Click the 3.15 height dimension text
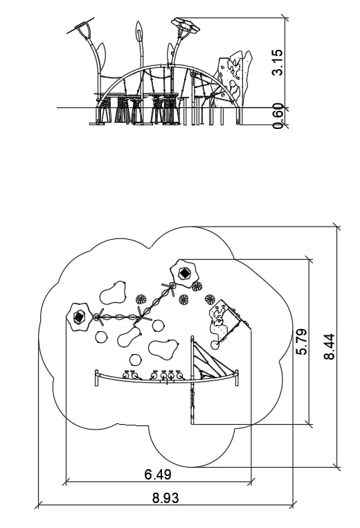[x=278, y=62]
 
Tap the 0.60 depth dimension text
[x=278, y=116]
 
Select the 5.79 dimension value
[x=301, y=342]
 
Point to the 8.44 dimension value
[x=330, y=346]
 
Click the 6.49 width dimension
[x=158, y=475]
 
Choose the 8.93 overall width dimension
[x=165, y=498]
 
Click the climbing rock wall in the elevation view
[x=234, y=76]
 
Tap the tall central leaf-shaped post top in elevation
[x=139, y=31]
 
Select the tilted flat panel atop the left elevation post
[x=80, y=28]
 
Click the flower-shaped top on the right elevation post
[x=185, y=25]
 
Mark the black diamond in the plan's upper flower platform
[x=184, y=273]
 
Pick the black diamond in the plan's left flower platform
[x=78, y=317]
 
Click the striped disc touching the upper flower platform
[x=197, y=287]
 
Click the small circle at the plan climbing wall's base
[x=215, y=345]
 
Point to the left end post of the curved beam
[x=97, y=378]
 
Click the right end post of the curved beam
[x=237, y=378]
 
